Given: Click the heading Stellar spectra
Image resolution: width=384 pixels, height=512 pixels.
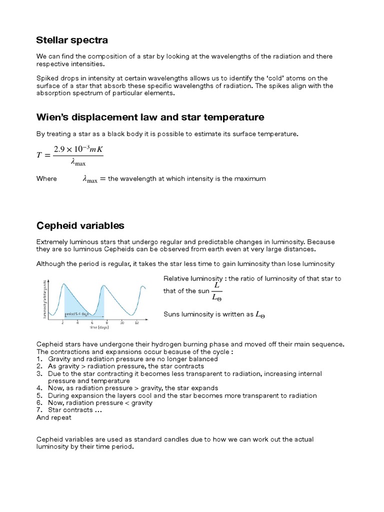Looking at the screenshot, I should click(72, 40).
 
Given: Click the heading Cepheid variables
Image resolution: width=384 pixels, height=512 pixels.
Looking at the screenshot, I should click(80, 225).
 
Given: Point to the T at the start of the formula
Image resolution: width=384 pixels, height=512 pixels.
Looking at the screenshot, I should click(40, 155).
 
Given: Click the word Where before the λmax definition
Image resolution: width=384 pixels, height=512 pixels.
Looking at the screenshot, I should click(47, 178).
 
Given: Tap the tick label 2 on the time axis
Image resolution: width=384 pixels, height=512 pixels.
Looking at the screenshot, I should click(62, 322).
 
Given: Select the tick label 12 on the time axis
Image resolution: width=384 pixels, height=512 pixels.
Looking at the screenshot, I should click(136, 322).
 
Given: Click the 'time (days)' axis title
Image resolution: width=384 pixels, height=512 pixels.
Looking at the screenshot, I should click(99, 328).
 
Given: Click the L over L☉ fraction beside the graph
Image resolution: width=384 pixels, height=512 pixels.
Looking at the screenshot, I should click(217, 290).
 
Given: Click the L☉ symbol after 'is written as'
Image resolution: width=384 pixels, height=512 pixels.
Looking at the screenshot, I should click(260, 314).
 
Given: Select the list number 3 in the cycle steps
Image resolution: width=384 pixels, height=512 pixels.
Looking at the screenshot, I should click(39, 373).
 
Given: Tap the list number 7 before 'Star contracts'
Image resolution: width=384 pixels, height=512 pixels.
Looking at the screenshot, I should click(39, 410).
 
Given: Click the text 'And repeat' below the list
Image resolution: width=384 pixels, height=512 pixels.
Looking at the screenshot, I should click(54, 417).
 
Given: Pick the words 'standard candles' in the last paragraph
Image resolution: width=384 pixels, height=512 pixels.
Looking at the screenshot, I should click(162, 439).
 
